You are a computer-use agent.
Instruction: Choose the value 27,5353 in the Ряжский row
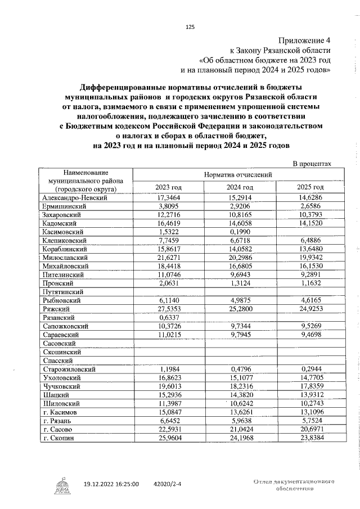tap(168, 309)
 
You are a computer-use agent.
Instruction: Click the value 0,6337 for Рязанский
tap(168, 317)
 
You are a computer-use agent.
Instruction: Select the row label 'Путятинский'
tap(63, 292)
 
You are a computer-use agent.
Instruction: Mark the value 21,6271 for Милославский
tap(168, 257)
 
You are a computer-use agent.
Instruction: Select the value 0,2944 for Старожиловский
tap(310, 369)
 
